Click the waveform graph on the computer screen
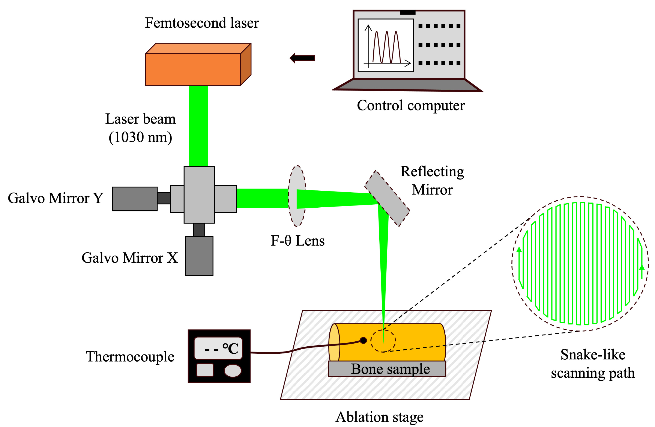(386, 45)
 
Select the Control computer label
(411, 106)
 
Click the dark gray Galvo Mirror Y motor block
(135, 199)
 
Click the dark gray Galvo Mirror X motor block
(199, 256)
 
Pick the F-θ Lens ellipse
(297, 196)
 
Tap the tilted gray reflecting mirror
(387, 198)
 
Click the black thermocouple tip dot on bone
(363, 341)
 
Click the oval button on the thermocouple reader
(233, 371)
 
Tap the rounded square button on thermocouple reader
(205, 370)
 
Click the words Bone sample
(390, 369)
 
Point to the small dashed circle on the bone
(383, 341)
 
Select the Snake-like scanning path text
(593, 363)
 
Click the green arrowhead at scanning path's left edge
(519, 250)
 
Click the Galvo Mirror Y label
(55, 198)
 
